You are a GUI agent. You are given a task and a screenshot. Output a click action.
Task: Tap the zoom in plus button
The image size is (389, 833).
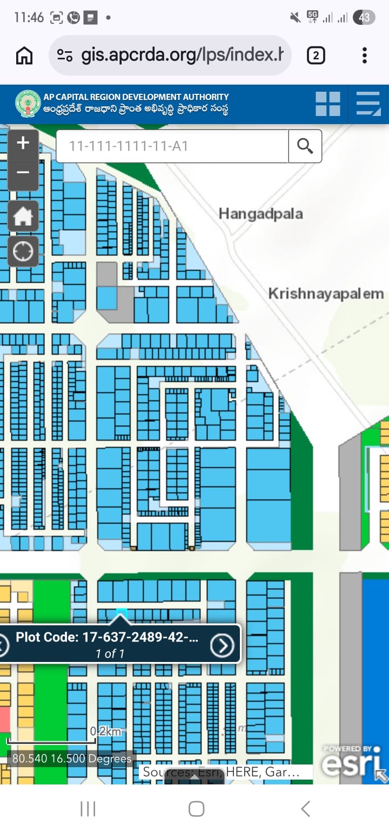[x=23, y=144]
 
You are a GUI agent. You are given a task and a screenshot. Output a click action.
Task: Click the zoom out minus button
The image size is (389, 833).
[x=23, y=173]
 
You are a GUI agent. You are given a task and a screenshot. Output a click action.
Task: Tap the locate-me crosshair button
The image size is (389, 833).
[x=23, y=251]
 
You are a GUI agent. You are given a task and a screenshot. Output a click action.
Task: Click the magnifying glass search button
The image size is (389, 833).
[x=305, y=146]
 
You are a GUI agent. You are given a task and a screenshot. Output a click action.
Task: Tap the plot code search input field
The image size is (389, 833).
[x=172, y=146]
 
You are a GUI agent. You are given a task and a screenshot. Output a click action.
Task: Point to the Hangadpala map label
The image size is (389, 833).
[x=260, y=214]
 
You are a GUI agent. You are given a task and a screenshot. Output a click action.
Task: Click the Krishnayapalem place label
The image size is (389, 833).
[x=326, y=294]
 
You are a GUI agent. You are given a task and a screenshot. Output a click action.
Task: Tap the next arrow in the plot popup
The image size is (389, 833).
[x=222, y=645]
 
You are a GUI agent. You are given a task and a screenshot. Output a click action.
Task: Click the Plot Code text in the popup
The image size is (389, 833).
[x=107, y=637]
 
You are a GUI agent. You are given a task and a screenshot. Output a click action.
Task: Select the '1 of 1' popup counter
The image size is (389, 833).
[x=110, y=654]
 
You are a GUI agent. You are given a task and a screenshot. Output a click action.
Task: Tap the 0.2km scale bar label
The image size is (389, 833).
[x=105, y=732]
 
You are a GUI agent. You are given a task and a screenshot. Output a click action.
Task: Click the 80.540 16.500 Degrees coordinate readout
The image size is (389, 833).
[x=71, y=759]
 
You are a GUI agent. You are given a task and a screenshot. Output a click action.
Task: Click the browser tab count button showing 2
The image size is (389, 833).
[x=316, y=55]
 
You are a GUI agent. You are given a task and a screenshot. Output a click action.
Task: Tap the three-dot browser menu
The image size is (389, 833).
[x=365, y=55]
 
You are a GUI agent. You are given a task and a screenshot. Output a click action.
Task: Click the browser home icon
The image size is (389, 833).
[x=24, y=55]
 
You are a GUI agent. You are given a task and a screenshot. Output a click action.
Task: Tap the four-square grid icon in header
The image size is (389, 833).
[x=328, y=104]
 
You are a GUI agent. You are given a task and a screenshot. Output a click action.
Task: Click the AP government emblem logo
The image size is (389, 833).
[x=28, y=104]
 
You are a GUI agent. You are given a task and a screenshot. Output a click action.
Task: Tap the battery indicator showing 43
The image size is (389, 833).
[x=364, y=18]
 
